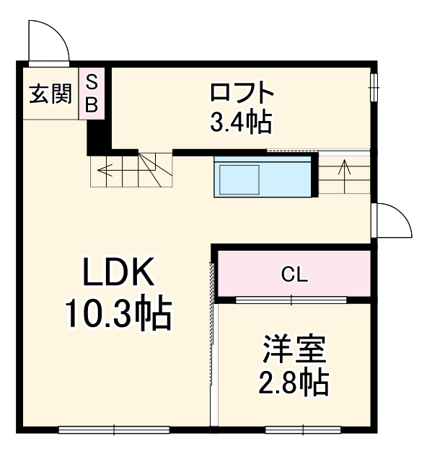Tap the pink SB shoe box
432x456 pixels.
point(92,93)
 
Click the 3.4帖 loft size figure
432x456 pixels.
point(242,122)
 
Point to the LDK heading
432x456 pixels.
point(118,274)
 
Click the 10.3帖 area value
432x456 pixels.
point(118,314)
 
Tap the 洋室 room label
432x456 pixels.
point(294,351)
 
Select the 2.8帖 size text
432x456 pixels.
point(294,383)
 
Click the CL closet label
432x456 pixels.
point(295,274)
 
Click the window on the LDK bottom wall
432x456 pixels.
point(114,430)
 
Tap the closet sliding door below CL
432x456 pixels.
point(291,299)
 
